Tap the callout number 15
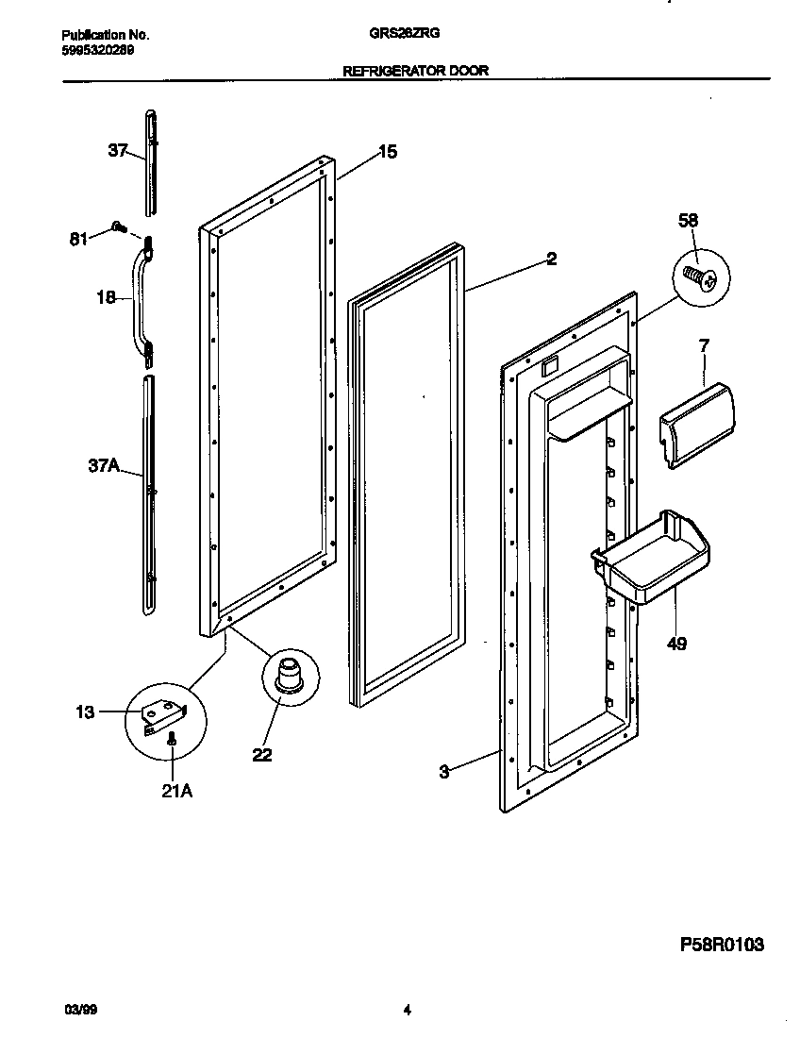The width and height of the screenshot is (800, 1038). pyautogui.click(x=388, y=151)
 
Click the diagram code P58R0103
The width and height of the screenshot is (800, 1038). pyautogui.click(x=722, y=944)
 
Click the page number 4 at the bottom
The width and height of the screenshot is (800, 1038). pyautogui.click(x=407, y=1010)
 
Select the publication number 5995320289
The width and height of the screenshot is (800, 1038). pyautogui.click(x=91, y=49)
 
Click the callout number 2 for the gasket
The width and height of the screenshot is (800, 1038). pyautogui.click(x=551, y=259)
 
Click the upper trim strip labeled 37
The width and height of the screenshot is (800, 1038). pyautogui.click(x=151, y=160)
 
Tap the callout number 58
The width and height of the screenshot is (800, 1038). pyautogui.click(x=689, y=221)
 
